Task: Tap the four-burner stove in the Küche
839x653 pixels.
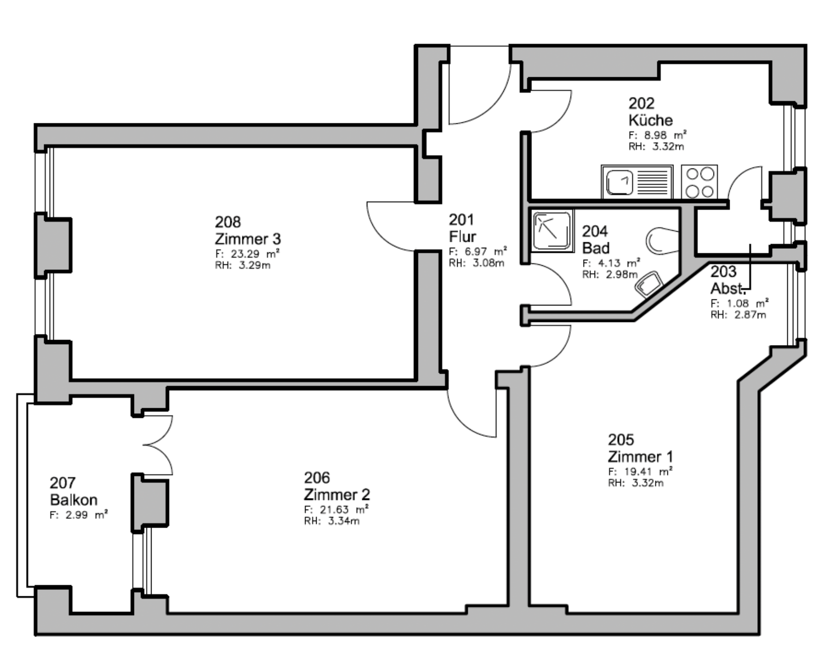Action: click(700, 182)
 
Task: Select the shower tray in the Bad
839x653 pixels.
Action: click(552, 231)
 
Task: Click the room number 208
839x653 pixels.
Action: click(228, 222)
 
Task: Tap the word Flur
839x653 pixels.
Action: click(463, 236)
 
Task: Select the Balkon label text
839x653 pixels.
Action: click(74, 500)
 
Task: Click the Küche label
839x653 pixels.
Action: click(651, 120)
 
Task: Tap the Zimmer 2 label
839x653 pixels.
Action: click(337, 495)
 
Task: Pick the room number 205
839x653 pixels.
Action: click(621, 440)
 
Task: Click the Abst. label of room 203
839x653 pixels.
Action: click(729, 288)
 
